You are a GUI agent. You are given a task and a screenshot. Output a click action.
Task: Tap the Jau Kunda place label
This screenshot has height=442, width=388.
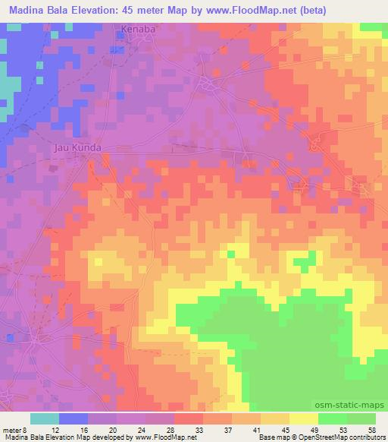pos(77,148)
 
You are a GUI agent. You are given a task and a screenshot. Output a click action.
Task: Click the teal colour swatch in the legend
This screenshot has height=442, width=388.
pos(45,418)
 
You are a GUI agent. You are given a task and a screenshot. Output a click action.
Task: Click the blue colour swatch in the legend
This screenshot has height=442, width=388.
pos(74,418)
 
